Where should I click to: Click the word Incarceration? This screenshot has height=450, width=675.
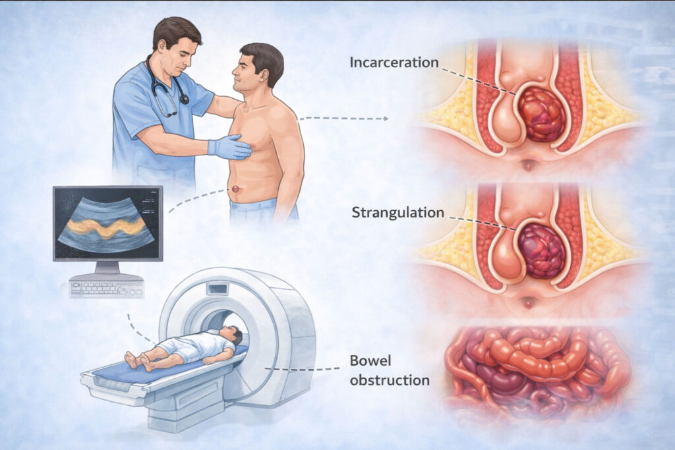(394, 63)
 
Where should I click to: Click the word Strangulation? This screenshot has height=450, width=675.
(397, 213)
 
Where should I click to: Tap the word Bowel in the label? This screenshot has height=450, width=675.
(370, 362)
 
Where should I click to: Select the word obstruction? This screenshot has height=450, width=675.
(390, 380)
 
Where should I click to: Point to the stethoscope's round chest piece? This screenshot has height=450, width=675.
(184, 99)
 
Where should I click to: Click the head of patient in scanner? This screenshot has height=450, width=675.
(231, 334)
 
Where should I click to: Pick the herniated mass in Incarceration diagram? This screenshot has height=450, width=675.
(541, 115)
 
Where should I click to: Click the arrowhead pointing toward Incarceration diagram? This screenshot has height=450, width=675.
(385, 119)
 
